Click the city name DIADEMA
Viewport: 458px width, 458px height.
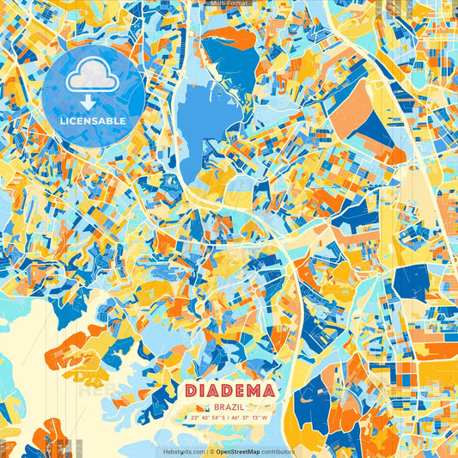coord(229,391)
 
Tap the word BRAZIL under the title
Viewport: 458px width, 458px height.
coord(229,406)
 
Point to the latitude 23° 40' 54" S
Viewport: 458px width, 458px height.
coord(206,418)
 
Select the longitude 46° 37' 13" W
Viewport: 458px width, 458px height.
coord(250,418)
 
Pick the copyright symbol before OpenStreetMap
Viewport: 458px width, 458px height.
coord(211,451)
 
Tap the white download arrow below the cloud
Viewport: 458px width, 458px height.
coord(93,101)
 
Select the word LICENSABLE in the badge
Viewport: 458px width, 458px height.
coord(93,119)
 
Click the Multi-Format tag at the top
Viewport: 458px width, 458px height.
coord(229,3)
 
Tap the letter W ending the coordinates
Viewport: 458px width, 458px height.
coord(266,418)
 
